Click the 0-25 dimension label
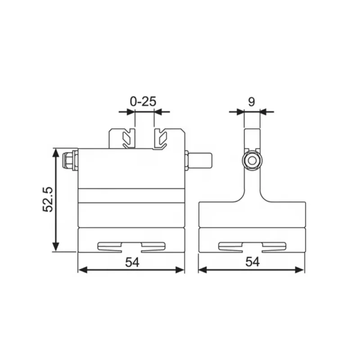coord(143,102)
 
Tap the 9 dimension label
coord(252,102)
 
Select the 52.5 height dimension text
coord(48,199)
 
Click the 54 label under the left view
coord(132,262)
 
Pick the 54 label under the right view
coord(252,262)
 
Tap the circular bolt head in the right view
coord(252,161)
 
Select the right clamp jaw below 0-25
coord(160,139)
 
